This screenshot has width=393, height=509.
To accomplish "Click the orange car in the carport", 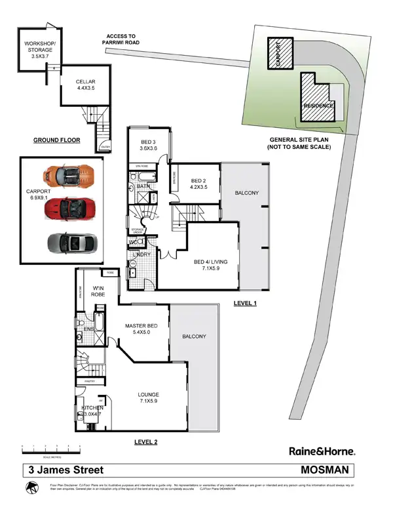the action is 67,176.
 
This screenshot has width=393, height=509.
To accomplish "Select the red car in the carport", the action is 68,209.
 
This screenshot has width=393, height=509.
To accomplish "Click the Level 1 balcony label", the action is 247,193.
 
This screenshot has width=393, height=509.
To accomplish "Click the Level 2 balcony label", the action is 194,336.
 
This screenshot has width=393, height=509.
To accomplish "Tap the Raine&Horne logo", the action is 322,451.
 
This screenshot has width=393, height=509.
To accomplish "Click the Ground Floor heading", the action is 57,140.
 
